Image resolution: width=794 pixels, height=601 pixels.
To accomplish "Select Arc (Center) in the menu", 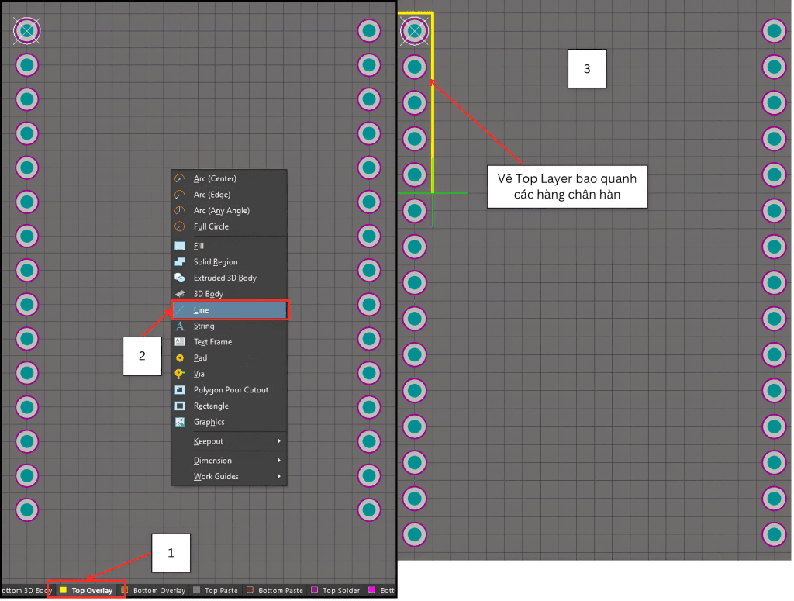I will (215, 179).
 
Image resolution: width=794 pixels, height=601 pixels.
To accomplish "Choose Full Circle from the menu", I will (211, 227).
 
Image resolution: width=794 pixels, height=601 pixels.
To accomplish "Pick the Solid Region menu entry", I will (216, 262).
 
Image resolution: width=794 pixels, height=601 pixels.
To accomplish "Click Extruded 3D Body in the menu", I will (225, 278).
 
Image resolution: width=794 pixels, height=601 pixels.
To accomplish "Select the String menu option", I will (204, 326).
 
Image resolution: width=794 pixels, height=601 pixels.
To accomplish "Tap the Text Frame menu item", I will (212, 342).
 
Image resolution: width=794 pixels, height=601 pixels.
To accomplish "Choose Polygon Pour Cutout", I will (231, 390).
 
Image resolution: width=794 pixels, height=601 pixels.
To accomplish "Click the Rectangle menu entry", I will (211, 406).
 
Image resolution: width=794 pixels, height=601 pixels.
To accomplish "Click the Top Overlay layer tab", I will (91, 591).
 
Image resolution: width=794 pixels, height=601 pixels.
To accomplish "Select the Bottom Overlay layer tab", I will (158, 591).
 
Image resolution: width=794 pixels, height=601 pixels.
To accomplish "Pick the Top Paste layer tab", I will (220, 591).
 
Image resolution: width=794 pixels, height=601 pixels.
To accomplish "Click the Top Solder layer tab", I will (340, 591).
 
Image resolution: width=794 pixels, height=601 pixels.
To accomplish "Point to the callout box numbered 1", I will (171, 553).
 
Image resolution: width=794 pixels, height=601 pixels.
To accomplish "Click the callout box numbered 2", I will (142, 356).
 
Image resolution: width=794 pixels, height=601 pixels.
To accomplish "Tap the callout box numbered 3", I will (587, 69).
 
